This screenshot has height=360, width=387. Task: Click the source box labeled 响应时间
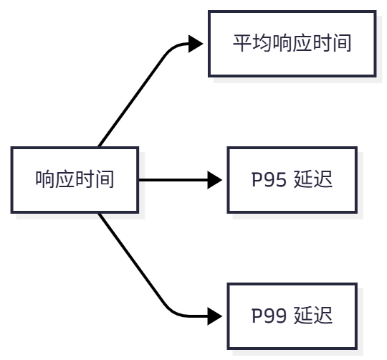pyautogui.click(x=75, y=180)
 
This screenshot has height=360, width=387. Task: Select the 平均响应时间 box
pyautogui.click(x=292, y=44)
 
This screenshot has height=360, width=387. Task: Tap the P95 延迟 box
pyautogui.click(x=292, y=180)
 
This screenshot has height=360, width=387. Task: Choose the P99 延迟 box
pyautogui.click(x=292, y=316)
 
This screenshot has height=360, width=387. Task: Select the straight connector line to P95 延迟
pyautogui.click(x=172, y=180)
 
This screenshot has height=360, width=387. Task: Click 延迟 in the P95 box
pyautogui.click(x=314, y=180)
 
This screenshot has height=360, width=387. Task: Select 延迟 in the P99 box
pyautogui.click(x=314, y=316)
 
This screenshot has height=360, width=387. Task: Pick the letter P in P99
pyautogui.click(x=257, y=316)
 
